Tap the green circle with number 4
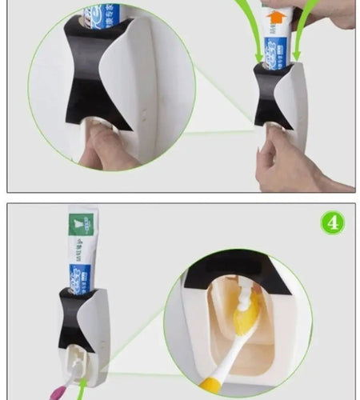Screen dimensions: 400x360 click(333, 222)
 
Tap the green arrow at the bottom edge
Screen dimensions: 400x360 click(83, 390)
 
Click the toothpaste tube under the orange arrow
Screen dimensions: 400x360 click(277, 48)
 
